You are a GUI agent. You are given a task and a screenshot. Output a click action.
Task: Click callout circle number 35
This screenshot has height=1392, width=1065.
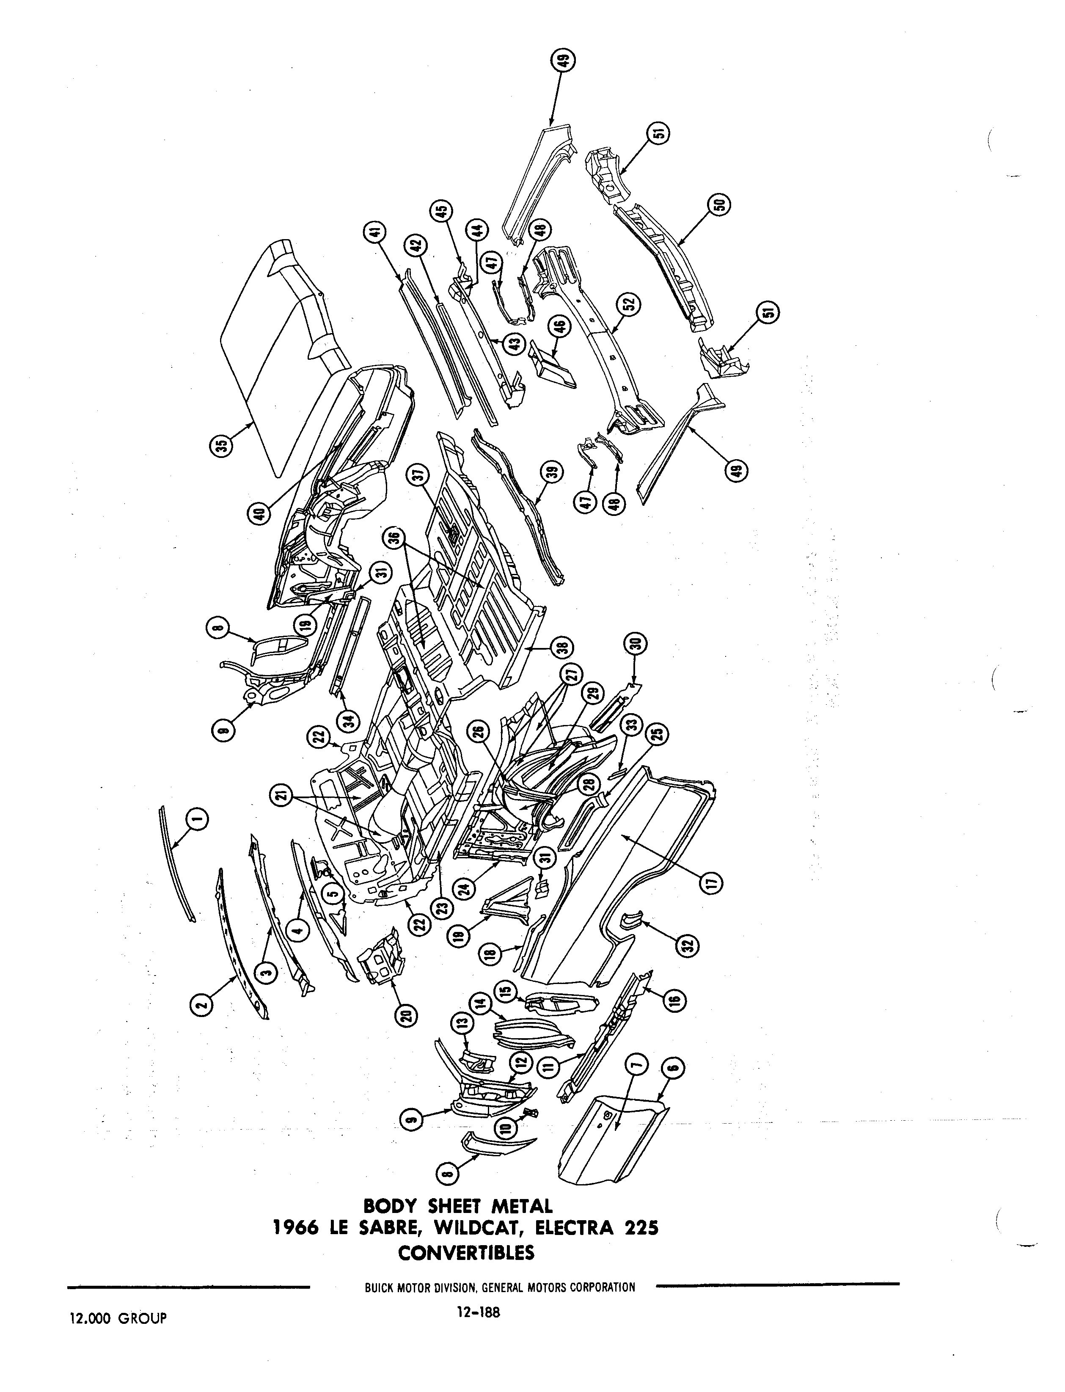point(222,446)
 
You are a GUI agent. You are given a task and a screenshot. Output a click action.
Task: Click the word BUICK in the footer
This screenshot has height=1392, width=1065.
point(380,1287)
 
